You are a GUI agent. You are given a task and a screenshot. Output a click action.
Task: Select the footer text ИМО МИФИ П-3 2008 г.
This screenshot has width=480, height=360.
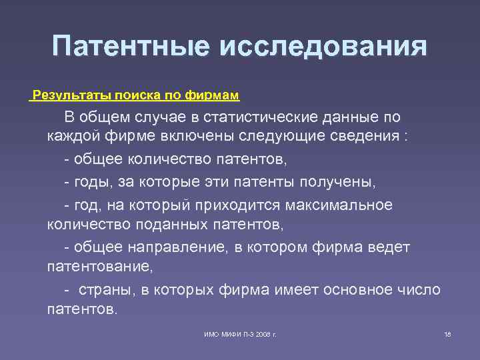pos(241,333)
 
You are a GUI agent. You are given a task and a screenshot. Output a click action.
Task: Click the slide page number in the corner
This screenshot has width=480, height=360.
pos(447,333)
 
